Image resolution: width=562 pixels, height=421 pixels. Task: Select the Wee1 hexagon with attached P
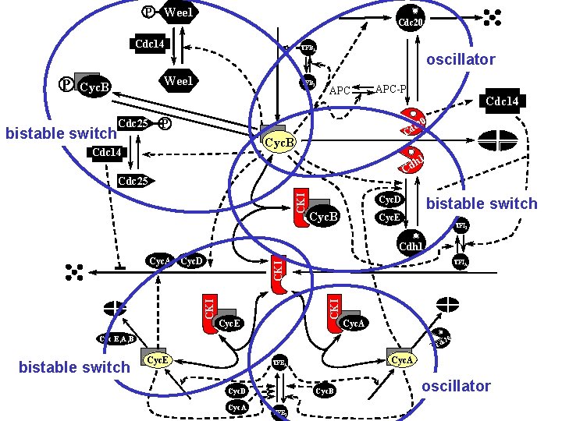click(179, 12)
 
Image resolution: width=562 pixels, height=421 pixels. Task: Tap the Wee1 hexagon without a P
click(178, 81)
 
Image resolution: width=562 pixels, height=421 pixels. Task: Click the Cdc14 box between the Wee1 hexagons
click(150, 44)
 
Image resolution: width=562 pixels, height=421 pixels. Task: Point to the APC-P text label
click(390, 87)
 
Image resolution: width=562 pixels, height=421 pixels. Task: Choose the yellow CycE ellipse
click(158, 359)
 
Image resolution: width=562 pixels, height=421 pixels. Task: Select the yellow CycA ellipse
click(401, 359)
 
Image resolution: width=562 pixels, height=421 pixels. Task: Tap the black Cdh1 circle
click(411, 243)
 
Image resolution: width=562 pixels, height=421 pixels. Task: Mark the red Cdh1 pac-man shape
click(411, 161)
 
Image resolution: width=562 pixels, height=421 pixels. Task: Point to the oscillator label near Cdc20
click(461, 59)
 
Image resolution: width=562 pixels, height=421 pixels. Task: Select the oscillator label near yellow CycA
click(456, 386)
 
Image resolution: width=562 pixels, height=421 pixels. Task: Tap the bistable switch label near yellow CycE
click(74, 367)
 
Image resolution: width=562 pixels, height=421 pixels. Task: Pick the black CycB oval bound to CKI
click(322, 216)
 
